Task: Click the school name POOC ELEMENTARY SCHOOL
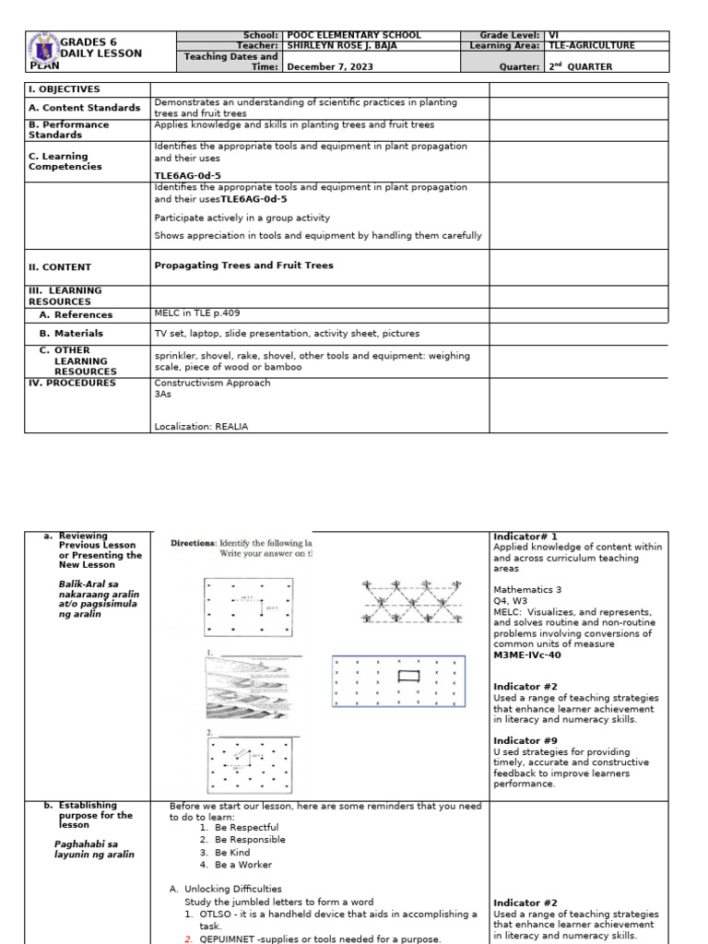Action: (x=354, y=35)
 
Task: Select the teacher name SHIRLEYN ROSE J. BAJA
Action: (x=350, y=46)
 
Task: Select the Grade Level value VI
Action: (x=554, y=35)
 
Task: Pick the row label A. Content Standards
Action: (x=84, y=108)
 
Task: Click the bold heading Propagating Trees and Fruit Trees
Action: (x=243, y=265)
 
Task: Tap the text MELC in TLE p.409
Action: (x=197, y=313)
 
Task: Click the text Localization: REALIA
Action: (x=201, y=427)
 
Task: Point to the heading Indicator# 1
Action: (x=525, y=537)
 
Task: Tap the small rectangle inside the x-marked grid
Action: (x=408, y=678)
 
